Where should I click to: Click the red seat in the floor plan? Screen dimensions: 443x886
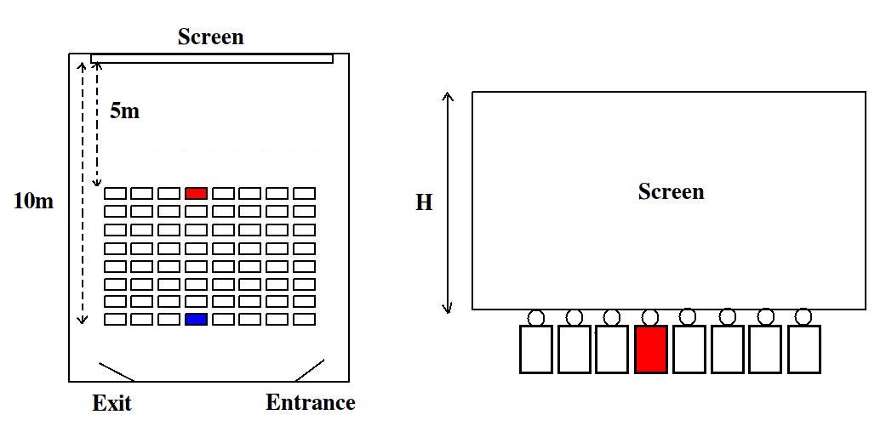point(196,194)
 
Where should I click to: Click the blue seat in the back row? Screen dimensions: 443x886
point(196,319)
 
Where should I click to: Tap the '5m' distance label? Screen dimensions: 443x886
point(124,111)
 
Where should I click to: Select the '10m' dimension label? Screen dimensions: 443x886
point(34,202)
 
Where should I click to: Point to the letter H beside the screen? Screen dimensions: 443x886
point(423,203)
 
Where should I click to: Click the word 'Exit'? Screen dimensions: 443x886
point(111,403)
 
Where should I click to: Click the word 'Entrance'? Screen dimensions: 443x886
point(310,403)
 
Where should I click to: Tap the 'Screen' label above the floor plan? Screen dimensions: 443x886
point(210,37)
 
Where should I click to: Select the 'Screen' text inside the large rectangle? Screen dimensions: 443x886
point(671,192)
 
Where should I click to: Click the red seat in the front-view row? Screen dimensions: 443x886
point(650,349)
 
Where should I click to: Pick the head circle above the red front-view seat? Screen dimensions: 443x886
point(650,317)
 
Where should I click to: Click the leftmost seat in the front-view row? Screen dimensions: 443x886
point(535,349)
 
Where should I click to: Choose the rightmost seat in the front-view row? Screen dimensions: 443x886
point(803,349)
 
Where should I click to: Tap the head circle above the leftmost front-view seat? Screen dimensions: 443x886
point(535,317)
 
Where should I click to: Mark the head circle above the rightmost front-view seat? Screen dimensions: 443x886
point(803,317)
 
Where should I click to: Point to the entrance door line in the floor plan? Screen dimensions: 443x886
point(309,370)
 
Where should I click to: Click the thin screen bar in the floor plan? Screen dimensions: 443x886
point(212,59)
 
